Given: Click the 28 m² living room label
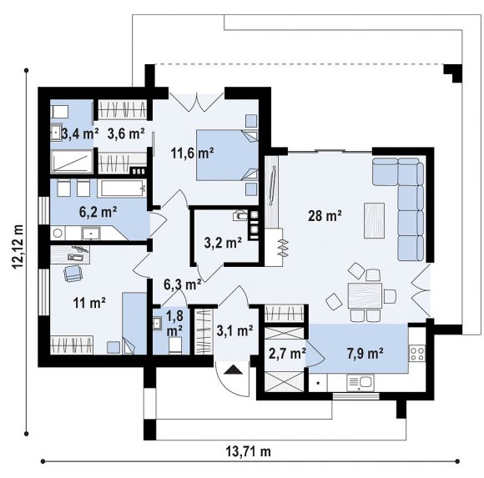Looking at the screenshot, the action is pos(325,216).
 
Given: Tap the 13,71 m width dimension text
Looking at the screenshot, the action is pos(249,452).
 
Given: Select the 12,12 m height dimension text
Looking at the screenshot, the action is pos(18,247).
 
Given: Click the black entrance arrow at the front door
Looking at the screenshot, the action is pos(233,370).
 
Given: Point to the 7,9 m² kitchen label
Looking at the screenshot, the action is pos(366,354).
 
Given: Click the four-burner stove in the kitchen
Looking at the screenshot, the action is pos(417,354).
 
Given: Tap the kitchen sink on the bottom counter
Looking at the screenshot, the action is pos(360,383).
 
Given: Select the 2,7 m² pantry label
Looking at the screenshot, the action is pos(287,354).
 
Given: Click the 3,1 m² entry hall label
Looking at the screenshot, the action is pos(234,331).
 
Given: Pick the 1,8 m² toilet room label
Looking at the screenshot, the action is pos(174,324).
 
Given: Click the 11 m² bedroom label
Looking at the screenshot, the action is pos(89,303).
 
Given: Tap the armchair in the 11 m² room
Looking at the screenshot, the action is pos(73,273).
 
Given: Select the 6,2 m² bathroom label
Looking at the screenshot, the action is pos(98,212).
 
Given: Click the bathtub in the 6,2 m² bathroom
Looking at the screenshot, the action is pos(122,188).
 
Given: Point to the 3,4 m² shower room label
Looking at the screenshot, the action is pos(80,134).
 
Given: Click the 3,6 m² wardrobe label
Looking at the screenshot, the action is pos(126,134).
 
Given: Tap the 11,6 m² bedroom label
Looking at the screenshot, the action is pos(192,153).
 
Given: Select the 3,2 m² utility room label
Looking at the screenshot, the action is pos(223,243).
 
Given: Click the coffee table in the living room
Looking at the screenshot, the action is pos(374,220).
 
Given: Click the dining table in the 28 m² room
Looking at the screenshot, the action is pos(366,295).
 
